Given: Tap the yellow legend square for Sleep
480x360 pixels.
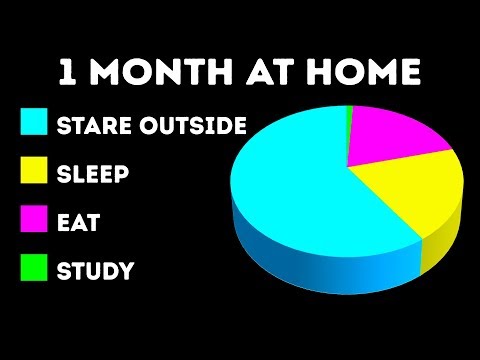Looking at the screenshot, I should click(x=35, y=174).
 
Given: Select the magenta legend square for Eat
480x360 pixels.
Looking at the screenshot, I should click(x=35, y=222).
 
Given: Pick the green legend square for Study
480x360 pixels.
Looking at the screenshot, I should click(x=35, y=270).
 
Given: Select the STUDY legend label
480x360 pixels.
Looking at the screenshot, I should click(x=96, y=271).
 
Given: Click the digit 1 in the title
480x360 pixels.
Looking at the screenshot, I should click(x=68, y=75).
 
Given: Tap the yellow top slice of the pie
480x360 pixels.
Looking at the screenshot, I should click(x=410, y=195).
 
